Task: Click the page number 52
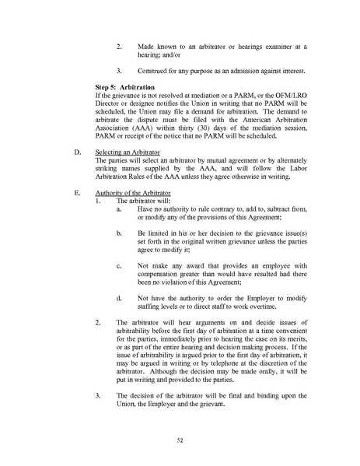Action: click(180, 440)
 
